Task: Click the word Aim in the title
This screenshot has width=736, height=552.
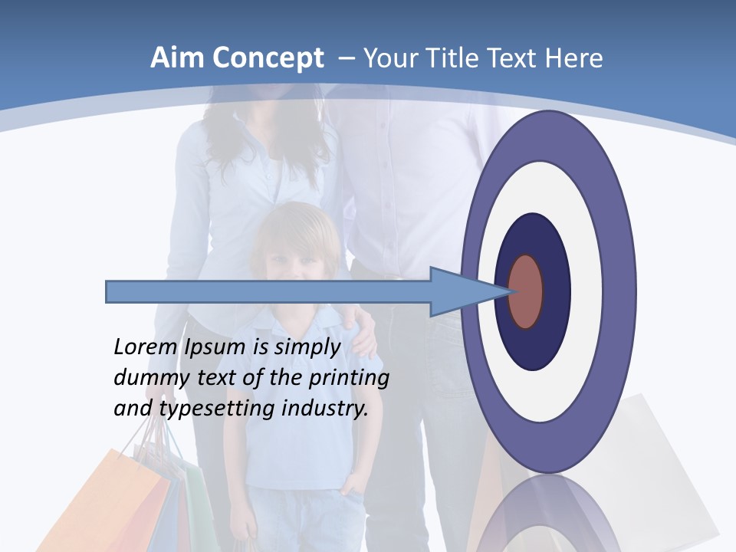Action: (x=179, y=58)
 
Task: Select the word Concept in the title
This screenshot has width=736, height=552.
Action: (x=268, y=59)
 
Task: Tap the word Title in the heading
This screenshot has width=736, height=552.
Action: (x=455, y=58)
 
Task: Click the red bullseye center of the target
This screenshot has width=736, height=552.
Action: (x=526, y=292)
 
